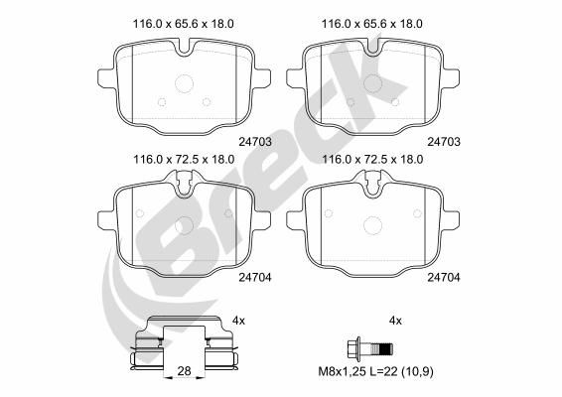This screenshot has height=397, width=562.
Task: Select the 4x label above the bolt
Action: (x=396, y=320)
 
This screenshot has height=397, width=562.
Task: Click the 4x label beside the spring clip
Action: (x=237, y=320)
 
